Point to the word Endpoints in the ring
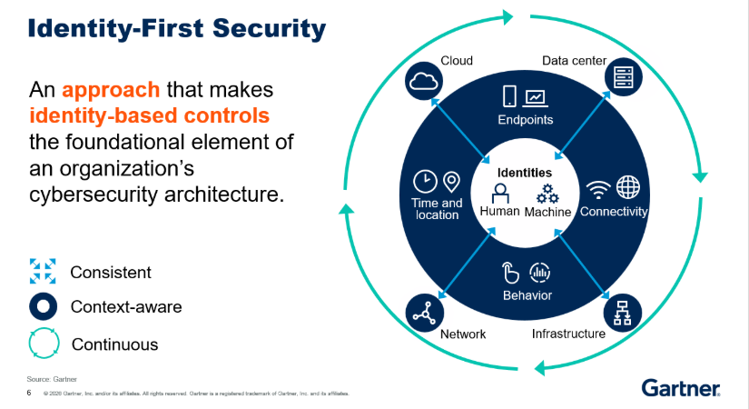tap(525, 120)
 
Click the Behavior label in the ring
tap(527, 295)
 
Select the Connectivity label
tap(614, 212)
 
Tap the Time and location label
tap(437, 209)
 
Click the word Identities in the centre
tap(525, 172)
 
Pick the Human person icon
tap(499, 194)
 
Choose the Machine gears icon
tap(547, 193)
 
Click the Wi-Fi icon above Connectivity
tap(597, 189)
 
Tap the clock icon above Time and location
tap(424, 181)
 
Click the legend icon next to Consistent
tap(43, 270)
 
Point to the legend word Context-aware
tap(126, 307)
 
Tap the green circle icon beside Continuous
tap(43, 344)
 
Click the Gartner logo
tap(682, 388)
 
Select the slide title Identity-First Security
tap(176, 28)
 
